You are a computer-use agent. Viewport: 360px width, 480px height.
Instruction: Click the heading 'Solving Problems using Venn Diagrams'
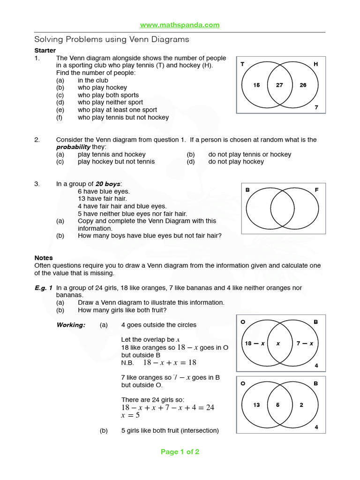click(112, 40)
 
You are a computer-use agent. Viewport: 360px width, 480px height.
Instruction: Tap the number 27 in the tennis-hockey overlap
click(279, 85)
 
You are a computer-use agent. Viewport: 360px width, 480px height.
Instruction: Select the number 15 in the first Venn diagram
click(256, 85)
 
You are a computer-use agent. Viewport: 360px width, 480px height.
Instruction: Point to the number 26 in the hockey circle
click(303, 85)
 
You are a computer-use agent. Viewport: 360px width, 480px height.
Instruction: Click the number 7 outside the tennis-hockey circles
click(316, 107)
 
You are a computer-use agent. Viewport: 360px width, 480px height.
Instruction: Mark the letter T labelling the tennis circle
click(242, 64)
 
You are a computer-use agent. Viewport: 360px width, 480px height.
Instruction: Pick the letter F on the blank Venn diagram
click(316, 190)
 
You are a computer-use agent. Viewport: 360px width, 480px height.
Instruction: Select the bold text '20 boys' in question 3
click(108, 184)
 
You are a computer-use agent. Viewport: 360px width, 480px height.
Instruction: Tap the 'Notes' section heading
click(44, 258)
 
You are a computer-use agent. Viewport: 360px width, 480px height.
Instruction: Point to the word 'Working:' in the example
click(71, 325)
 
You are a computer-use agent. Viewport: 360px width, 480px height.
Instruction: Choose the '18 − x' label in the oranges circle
click(255, 344)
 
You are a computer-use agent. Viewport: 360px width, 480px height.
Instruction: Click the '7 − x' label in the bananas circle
click(305, 344)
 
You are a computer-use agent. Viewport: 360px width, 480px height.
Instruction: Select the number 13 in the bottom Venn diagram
click(256, 405)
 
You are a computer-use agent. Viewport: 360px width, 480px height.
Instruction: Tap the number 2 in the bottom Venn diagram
click(301, 405)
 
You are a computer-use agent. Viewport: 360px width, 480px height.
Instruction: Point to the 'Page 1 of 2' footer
click(180, 452)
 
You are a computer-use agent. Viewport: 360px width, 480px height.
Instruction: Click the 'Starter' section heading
click(45, 51)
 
